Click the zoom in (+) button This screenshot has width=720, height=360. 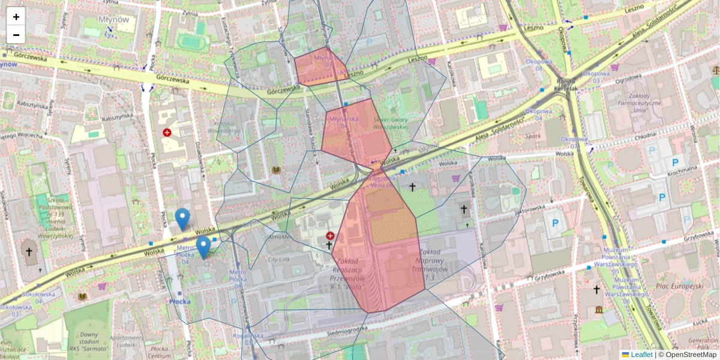[16, 17]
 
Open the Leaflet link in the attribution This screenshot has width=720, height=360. [641, 355]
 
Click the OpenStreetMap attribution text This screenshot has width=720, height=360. [692, 355]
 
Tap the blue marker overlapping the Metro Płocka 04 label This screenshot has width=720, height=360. [203, 247]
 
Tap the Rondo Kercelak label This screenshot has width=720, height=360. [566, 85]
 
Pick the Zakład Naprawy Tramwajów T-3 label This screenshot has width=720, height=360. [434, 265]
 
